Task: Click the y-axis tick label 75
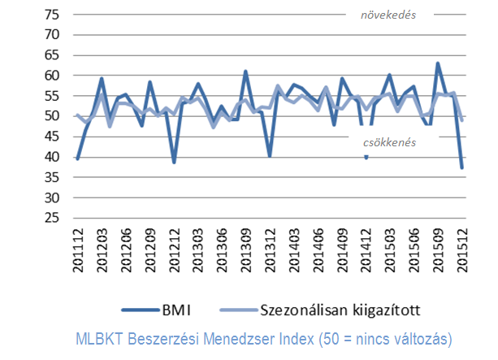point(52,14)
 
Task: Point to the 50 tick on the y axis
point(52,115)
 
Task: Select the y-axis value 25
point(52,218)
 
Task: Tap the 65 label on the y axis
point(52,54)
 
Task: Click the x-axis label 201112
point(78,253)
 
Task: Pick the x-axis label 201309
point(246,253)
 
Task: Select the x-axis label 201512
point(462,253)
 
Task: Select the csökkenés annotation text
point(390,142)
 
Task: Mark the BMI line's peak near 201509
point(439,63)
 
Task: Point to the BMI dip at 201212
point(174,162)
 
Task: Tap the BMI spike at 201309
point(246,72)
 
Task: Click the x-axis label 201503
point(390,253)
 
